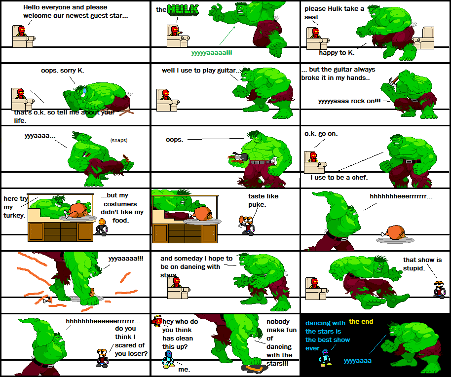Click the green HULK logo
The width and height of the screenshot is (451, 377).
coord(183,9)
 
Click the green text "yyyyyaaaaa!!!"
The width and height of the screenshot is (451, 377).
coord(212,52)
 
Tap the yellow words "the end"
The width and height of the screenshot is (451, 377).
coord(361,322)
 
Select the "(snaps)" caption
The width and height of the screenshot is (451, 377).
coord(119,140)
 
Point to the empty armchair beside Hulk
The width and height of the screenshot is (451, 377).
coord(424,37)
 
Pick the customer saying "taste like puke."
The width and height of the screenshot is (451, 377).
coord(247,225)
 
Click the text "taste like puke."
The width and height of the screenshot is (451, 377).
coord(263,200)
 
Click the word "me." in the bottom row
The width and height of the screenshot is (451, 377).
coord(184,369)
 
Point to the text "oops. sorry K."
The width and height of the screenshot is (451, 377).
coord(63,71)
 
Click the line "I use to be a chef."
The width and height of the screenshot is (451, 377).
coord(339,177)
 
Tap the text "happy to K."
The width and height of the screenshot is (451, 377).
coord(336,52)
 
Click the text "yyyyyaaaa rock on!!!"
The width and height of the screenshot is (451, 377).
coord(349,101)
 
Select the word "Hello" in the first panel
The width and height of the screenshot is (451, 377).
coord(33,7)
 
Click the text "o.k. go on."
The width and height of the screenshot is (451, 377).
coord(321,133)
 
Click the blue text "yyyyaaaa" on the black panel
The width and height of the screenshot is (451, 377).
coord(358,361)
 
